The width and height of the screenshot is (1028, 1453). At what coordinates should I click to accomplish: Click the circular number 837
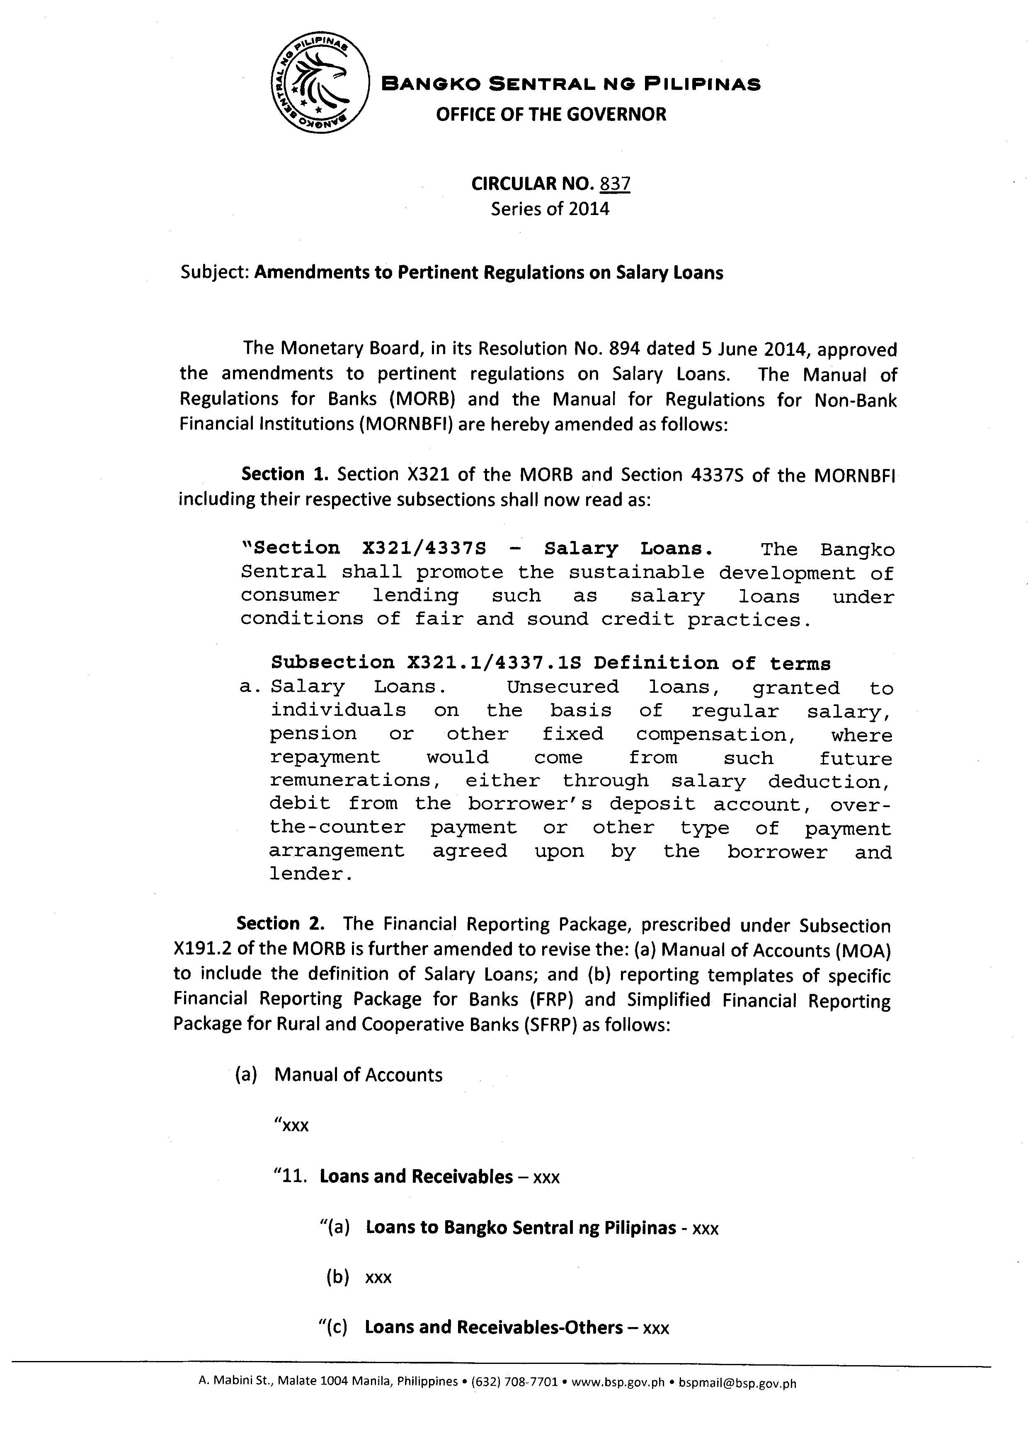point(615,184)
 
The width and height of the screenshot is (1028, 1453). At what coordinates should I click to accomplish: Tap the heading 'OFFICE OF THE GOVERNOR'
point(551,114)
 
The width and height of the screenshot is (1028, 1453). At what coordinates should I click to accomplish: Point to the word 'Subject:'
point(215,273)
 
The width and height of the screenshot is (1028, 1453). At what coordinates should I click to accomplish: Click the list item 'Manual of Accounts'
point(358,1075)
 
